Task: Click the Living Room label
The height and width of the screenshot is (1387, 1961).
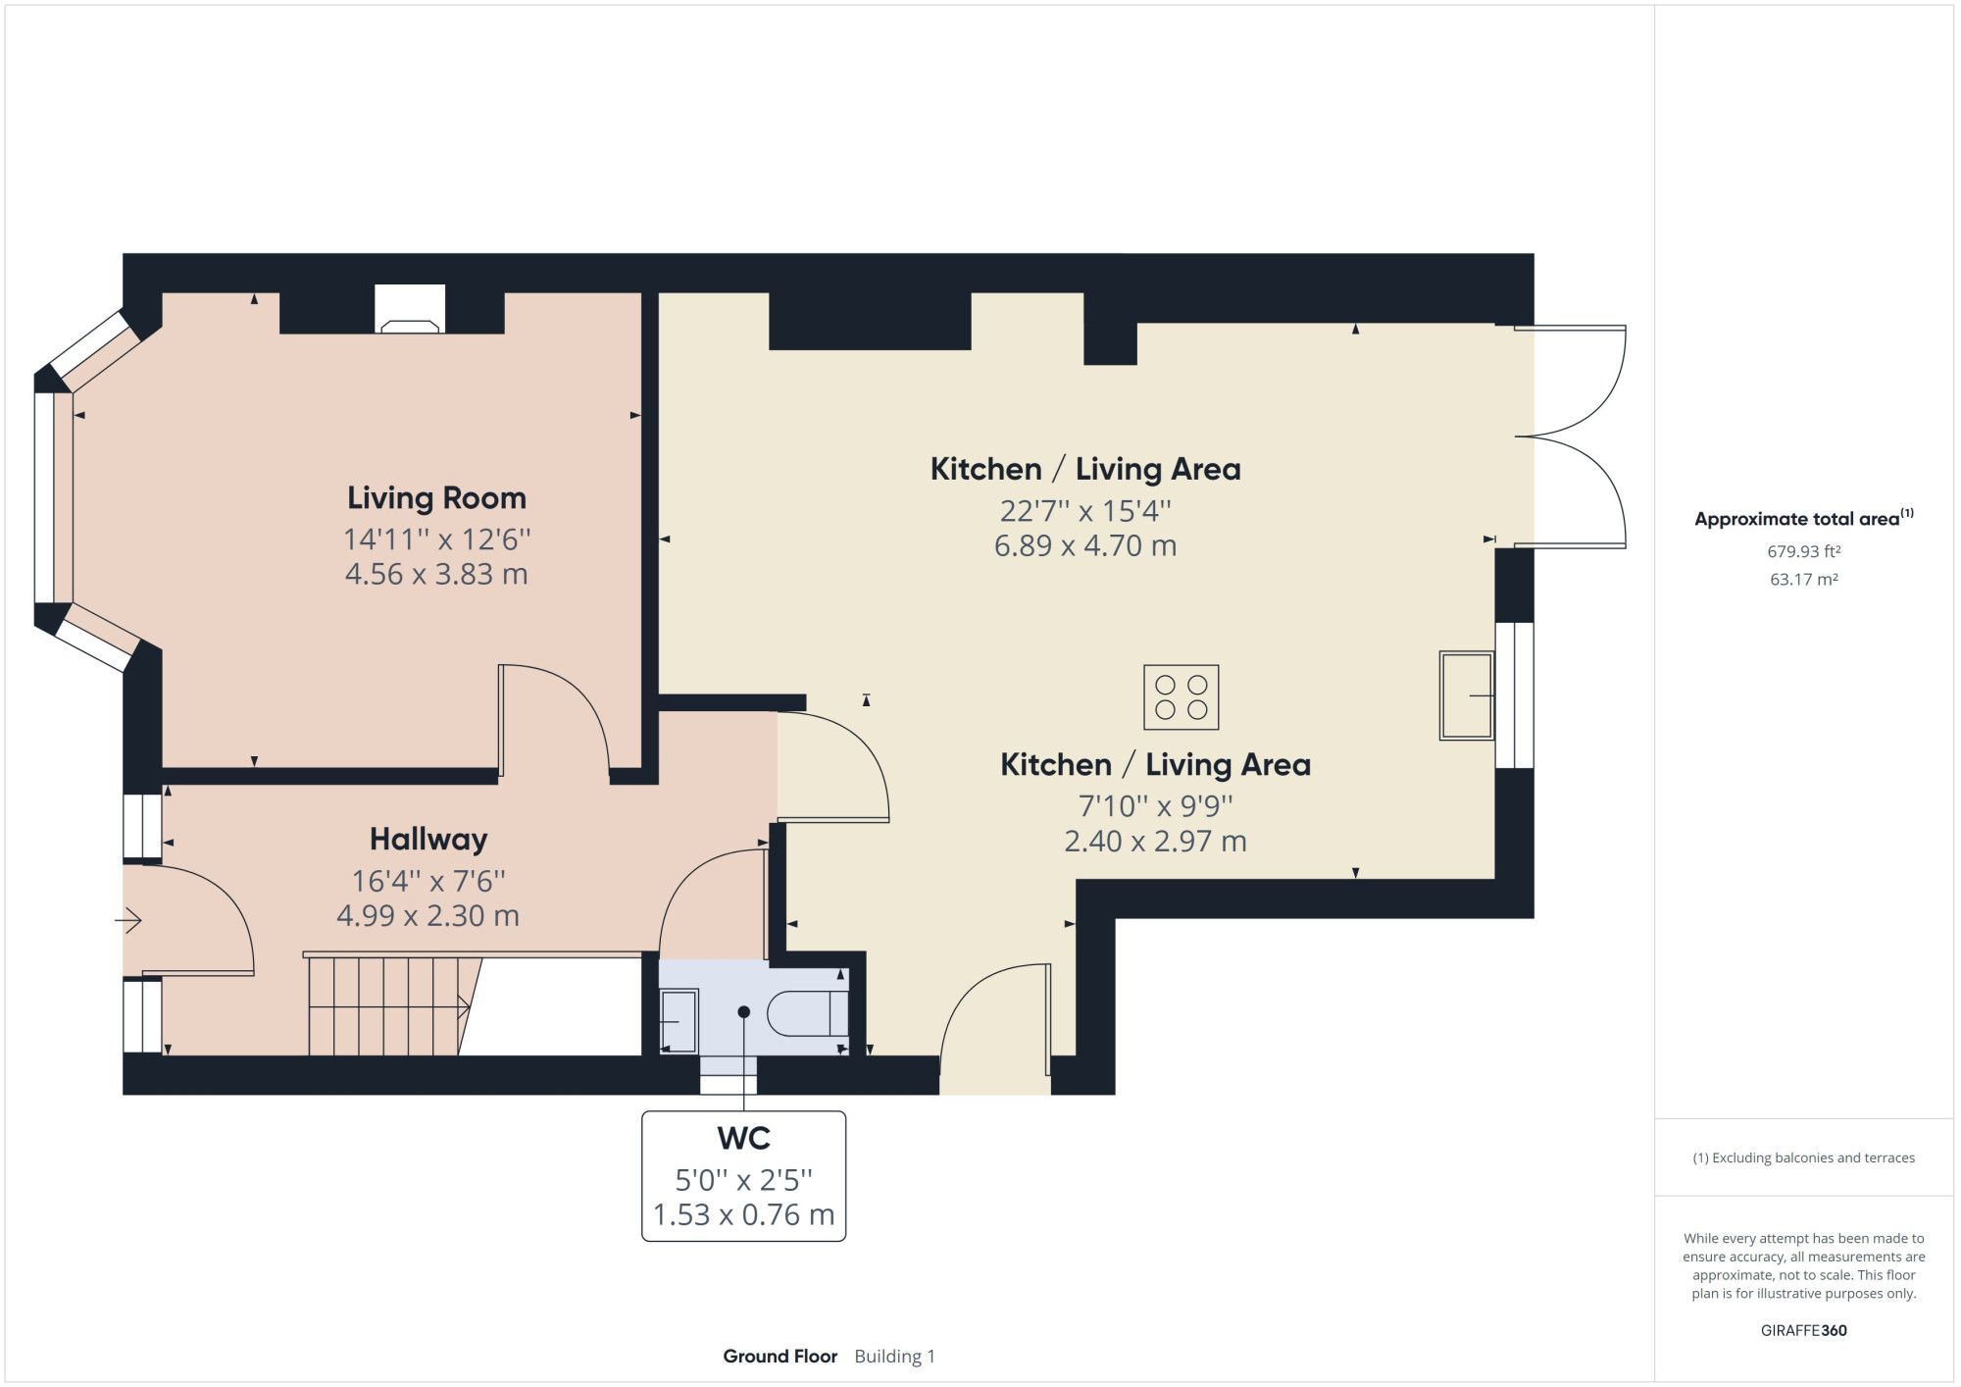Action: (x=436, y=498)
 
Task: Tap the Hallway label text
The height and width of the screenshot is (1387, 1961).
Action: (x=428, y=840)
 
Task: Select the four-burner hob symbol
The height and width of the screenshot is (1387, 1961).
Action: (x=1182, y=697)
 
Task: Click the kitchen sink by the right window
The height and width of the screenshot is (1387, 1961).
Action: (x=1465, y=694)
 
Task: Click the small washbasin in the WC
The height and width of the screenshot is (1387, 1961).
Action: (x=678, y=1021)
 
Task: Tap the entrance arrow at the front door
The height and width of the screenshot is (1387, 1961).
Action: (x=128, y=920)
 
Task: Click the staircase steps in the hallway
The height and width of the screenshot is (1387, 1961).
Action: (x=387, y=1006)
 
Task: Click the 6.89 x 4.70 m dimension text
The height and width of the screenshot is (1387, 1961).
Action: (x=1084, y=546)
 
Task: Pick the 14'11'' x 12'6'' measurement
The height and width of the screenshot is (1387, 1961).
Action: (x=436, y=539)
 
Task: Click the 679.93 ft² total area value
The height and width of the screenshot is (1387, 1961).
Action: (x=1803, y=552)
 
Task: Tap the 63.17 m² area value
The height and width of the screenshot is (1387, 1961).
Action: (x=1803, y=580)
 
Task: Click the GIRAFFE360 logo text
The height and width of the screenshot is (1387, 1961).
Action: (x=1803, y=1330)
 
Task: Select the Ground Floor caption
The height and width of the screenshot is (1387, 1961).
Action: (x=779, y=1357)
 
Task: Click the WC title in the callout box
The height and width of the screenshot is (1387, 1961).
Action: (x=743, y=1139)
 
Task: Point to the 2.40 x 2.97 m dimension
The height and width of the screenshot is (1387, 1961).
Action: (x=1155, y=842)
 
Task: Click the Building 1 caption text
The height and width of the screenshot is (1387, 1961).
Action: (x=894, y=1357)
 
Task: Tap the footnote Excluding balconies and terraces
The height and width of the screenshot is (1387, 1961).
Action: (x=1803, y=1157)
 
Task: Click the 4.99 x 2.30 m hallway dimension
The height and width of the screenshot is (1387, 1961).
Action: (x=427, y=916)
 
